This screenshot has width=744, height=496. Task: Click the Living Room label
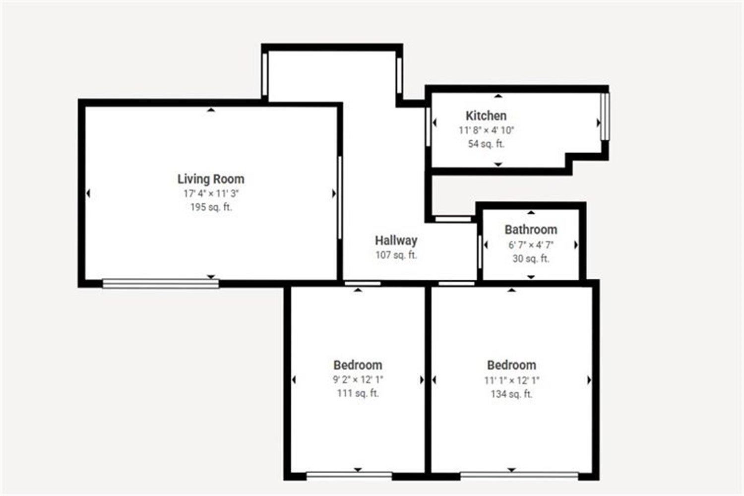pos(211,179)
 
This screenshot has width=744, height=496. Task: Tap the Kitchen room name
pos(486,116)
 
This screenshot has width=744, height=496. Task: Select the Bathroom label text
pos(531,230)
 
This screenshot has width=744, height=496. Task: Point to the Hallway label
pos(396,241)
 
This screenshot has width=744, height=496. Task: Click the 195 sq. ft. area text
pos(211,207)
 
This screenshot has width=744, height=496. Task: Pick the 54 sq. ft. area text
pos(486,144)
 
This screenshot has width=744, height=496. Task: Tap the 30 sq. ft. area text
pos(531,258)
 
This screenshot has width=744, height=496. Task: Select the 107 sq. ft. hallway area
pos(396,255)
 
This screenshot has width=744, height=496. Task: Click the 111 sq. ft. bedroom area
pos(358,393)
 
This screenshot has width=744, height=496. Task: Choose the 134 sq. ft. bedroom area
pos(512,394)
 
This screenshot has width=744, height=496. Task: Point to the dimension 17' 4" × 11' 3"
pos(211,193)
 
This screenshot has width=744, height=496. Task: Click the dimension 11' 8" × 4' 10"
pos(486,130)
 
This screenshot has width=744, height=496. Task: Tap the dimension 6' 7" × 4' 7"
pos(531,245)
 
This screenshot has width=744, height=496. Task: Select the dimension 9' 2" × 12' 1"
pos(358,379)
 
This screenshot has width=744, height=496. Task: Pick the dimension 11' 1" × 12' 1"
pos(512,380)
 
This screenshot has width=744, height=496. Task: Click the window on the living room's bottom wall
pos(161,284)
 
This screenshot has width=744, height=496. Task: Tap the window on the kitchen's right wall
pos(605,117)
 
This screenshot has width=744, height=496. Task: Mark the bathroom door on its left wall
pos(480,252)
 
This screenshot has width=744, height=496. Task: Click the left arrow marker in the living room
pos(88,193)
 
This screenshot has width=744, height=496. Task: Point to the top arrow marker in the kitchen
pos(498,96)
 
